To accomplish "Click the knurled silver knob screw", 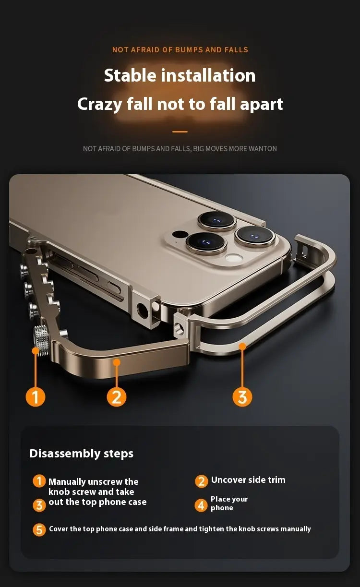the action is pos(41,340).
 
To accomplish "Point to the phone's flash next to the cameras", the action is pos(234,259).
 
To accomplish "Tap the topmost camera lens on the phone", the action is pos(216,220).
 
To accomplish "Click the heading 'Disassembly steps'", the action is pos(82,454).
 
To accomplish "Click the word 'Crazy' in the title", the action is pos(99,104).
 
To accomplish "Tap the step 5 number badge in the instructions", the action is pos(39,529).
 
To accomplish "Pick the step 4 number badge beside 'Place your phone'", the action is pos(201,505).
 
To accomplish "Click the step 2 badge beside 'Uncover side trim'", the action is pos(201,481).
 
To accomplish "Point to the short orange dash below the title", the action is pos(180,132).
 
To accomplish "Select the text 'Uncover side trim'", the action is pos(248,480).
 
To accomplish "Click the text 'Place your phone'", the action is pos(229,503).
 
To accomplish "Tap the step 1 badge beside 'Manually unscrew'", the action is pos(39,481).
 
